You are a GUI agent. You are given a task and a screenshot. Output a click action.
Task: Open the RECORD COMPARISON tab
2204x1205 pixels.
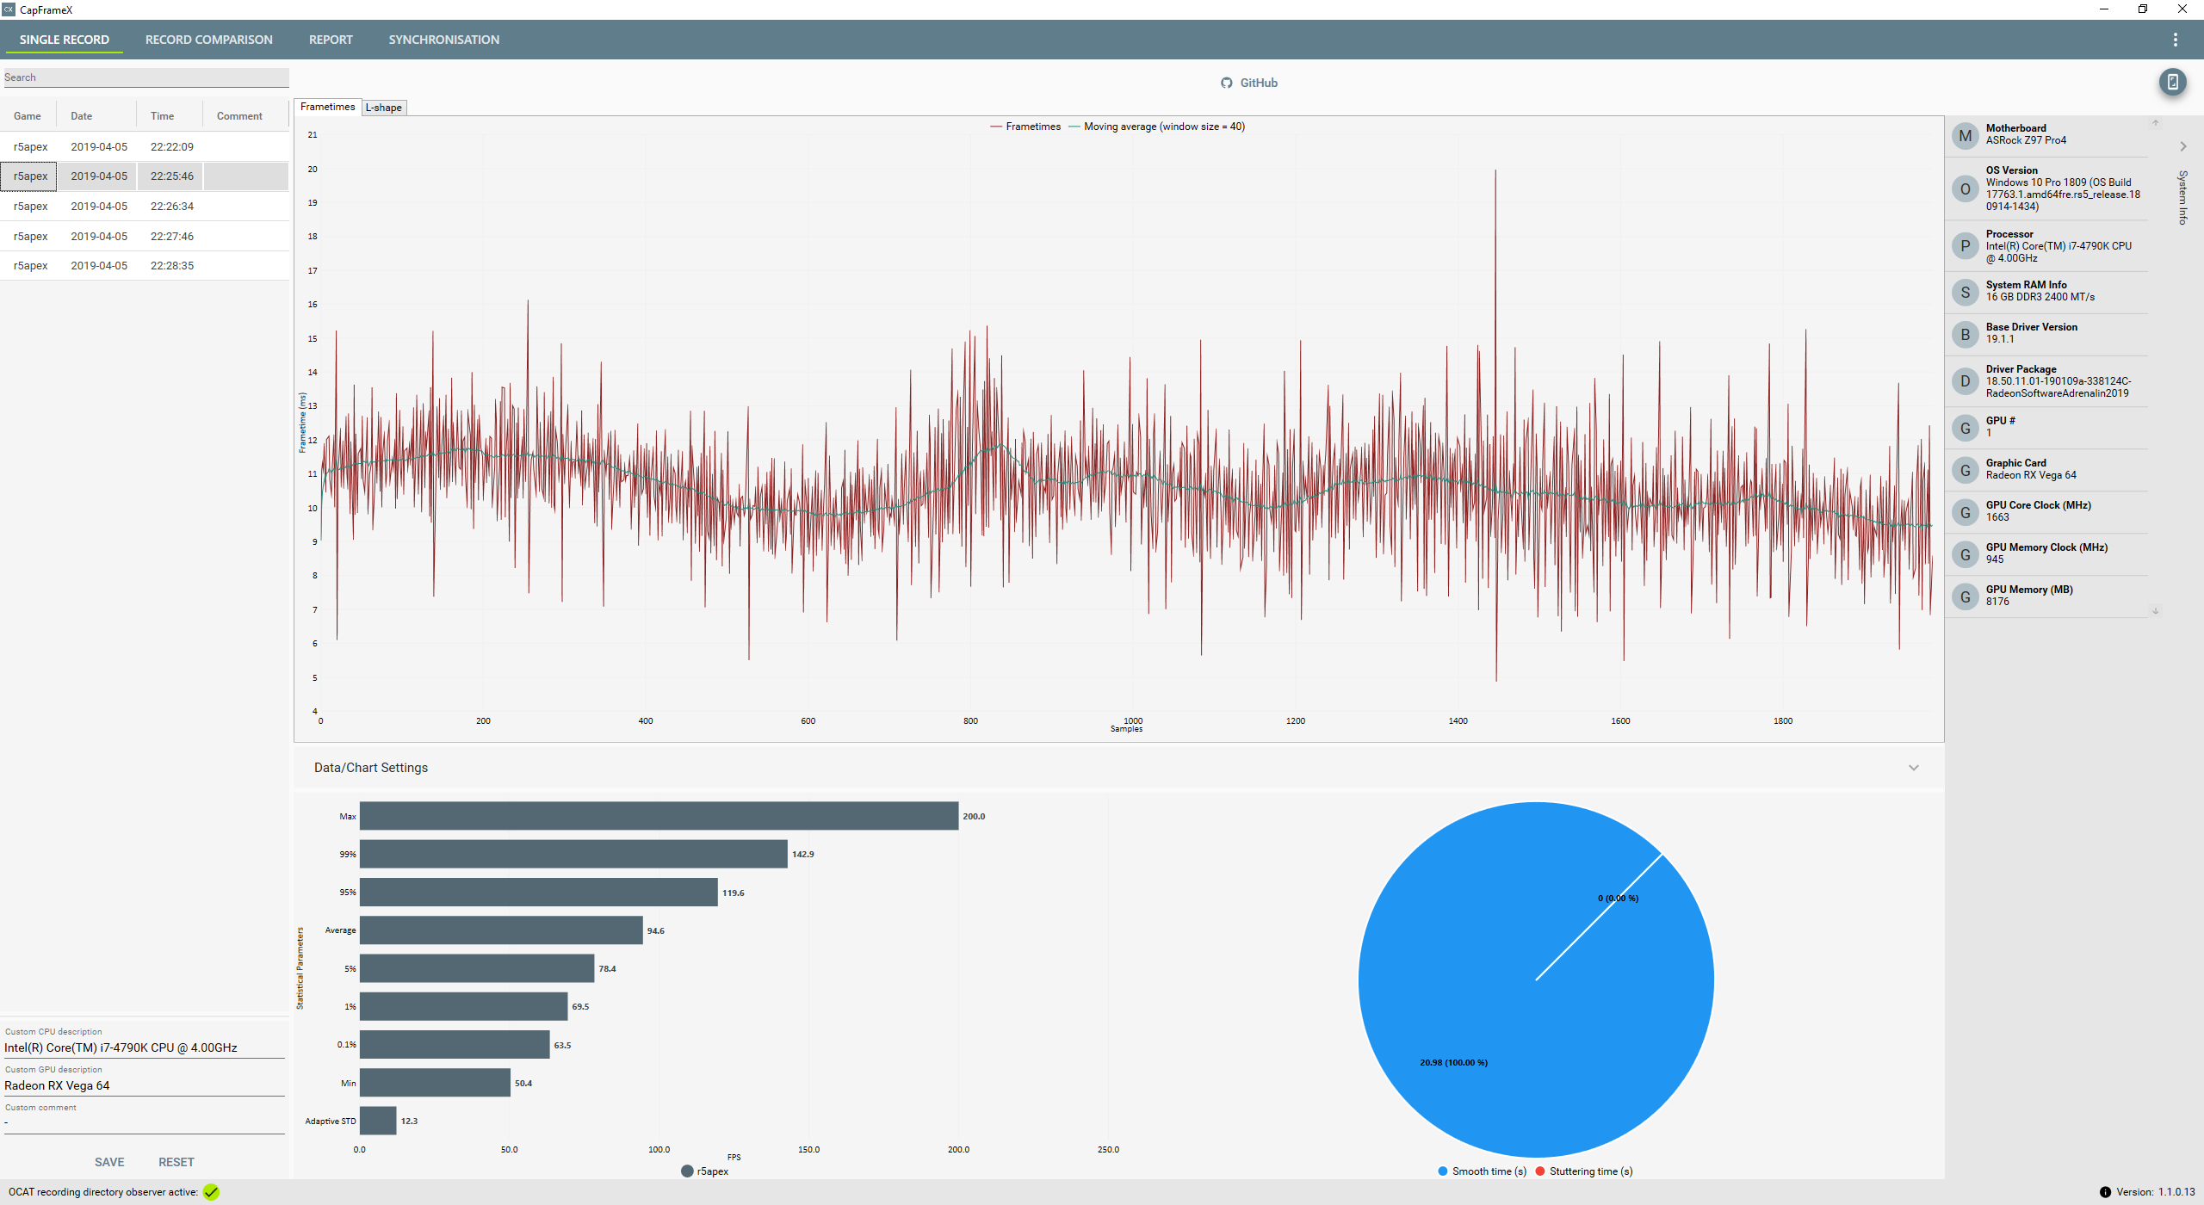208,40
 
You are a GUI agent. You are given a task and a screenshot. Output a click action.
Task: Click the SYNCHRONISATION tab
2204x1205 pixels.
443,40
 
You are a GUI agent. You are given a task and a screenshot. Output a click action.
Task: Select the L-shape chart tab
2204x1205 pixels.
384,108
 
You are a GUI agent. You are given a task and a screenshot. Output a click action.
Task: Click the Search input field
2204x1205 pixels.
146,77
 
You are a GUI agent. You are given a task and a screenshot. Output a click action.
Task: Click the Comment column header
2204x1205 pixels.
239,116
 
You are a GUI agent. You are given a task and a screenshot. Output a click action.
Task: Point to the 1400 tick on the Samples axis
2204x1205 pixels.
1458,721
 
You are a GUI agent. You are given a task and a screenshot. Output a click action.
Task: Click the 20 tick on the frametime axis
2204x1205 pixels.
313,169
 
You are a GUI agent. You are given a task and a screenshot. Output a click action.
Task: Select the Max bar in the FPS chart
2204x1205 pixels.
659,816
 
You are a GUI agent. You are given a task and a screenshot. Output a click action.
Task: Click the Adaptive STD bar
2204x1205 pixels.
378,1121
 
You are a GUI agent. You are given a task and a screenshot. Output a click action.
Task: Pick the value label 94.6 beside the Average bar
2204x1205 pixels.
656,930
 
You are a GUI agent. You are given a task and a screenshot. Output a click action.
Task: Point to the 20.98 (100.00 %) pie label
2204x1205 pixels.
1453,1062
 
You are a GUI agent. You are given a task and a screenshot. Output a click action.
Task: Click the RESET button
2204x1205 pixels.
176,1162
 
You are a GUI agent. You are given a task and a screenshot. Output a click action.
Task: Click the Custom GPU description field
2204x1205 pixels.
145,1085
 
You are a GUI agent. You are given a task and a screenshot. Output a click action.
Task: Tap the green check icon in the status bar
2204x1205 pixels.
211,1192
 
